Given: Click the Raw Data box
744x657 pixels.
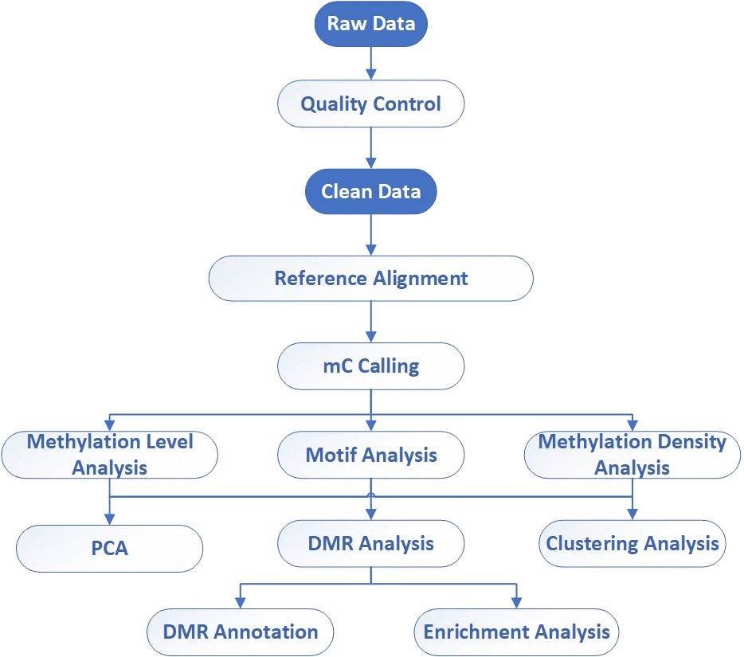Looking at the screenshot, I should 370,23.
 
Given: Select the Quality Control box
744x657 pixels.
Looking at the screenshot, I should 370,104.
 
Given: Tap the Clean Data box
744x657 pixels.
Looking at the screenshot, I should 370,192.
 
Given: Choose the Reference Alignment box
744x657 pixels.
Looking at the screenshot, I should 370,279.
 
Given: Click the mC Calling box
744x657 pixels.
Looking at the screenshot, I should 370,366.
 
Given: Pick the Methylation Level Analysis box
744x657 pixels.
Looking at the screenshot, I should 109,455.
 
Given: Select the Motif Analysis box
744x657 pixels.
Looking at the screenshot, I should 370,455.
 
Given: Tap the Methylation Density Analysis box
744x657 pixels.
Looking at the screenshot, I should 632,455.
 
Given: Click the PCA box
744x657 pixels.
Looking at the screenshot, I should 109,549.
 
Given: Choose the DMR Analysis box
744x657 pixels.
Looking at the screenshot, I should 370,544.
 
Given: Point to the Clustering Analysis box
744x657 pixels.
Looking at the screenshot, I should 632,544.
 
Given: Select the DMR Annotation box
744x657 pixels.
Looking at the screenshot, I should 241,632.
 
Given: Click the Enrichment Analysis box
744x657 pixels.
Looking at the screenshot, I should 516,632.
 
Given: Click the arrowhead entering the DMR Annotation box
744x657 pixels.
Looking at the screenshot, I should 241,604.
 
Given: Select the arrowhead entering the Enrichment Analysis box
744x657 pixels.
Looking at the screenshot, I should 516,604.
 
